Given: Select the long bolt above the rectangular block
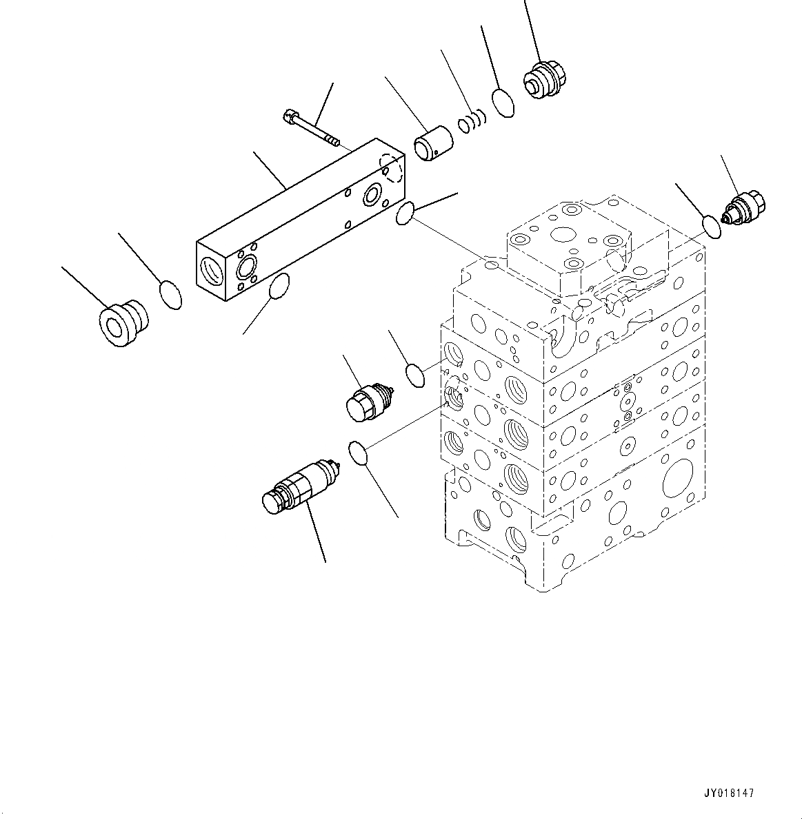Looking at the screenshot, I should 311,129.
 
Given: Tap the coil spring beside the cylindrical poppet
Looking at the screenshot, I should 472,123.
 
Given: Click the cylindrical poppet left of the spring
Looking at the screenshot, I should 432,145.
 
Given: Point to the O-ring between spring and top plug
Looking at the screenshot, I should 504,103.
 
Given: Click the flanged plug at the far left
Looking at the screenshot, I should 123,322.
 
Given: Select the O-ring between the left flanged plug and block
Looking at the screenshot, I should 170,294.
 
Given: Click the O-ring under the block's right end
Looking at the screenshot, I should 405,213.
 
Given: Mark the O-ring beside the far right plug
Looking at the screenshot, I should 712,226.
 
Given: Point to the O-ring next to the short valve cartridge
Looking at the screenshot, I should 415,376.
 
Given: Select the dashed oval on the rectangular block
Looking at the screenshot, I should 392,169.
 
